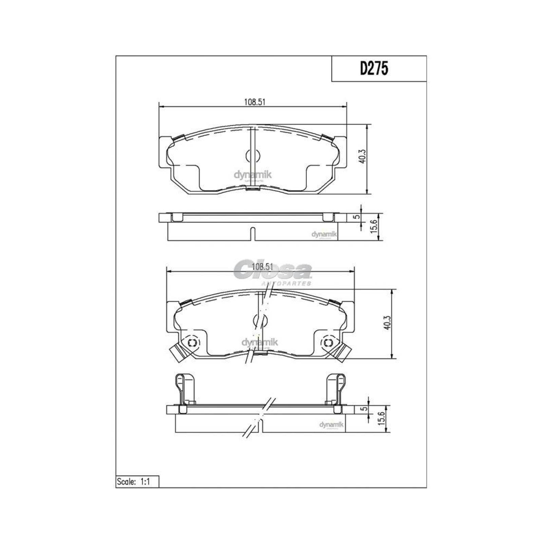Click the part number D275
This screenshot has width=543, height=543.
click(374, 69)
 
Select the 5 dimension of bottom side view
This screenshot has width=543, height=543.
click(364, 409)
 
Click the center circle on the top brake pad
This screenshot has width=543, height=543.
click(252, 156)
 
